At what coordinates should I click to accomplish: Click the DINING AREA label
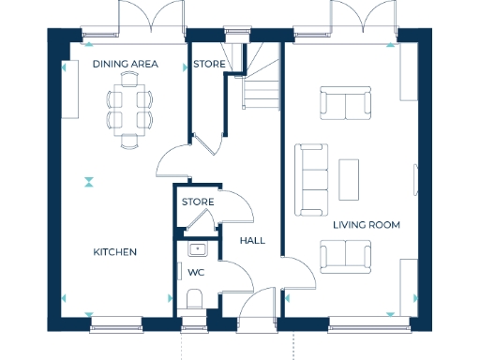tap(125, 65)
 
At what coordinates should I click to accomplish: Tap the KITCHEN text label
tap(115, 252)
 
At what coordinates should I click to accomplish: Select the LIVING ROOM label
tap(367, 226)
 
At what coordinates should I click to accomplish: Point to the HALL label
tap(252, 241)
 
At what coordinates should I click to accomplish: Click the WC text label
tap(196, 273)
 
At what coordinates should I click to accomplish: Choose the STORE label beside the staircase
tap(208, 65)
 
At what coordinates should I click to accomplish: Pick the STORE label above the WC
tap(198, 202)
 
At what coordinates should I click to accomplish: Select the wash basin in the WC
tap(197, 249)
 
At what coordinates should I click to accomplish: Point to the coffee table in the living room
tap(349, 179)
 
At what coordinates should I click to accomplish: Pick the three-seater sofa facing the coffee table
tap(311, 178)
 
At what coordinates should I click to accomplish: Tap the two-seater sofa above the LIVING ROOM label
tap(344, 256)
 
